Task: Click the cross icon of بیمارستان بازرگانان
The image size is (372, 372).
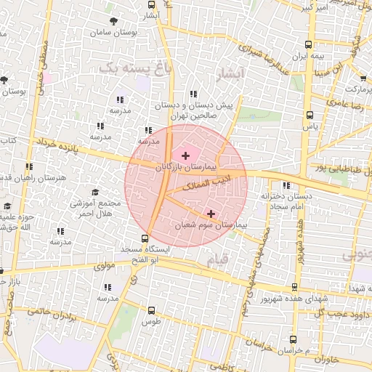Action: pyautogui.click(x=185, y=155)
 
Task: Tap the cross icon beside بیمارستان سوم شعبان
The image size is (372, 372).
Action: pyautogui.click(x=211, y=214)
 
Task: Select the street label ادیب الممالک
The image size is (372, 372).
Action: pyautogui.click(x=204, y=182)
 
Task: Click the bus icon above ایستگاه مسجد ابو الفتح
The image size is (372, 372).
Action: pyautogui.click(x=145, y=238)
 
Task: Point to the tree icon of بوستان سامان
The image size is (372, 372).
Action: pyautogui.click(x=112, y=21)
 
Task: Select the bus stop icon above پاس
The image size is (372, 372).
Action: pyautogui.click(x=310, y=115)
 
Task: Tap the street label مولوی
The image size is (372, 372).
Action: pyautogui.click(x=105, y=267)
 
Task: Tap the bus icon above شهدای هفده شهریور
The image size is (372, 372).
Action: pyautogui.click(x=294, y=287)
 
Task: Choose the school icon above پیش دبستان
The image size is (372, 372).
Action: pyautogui.click(x=193, y=94)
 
